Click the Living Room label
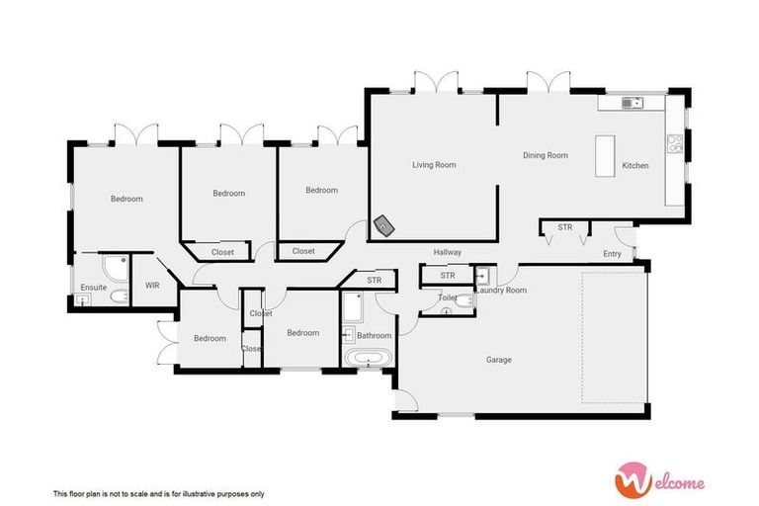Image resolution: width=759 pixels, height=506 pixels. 434,165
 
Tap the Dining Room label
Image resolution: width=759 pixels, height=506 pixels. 546,155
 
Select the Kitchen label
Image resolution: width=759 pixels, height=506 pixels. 635,165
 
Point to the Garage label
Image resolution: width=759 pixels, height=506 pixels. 498,360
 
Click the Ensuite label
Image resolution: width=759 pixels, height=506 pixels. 94,288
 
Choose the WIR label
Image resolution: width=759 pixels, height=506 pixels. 152,286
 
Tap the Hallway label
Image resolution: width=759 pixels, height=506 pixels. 448,253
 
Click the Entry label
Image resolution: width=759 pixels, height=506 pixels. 613,254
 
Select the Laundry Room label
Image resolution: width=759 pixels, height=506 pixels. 502,291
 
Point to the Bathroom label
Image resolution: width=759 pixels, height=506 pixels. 375,335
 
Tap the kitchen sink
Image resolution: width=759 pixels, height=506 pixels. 632,102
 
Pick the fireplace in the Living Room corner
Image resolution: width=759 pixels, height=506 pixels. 382,227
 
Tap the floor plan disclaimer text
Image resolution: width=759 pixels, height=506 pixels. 158,492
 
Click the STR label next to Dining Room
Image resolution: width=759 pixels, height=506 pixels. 564,227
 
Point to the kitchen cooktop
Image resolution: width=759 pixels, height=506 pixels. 674,143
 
